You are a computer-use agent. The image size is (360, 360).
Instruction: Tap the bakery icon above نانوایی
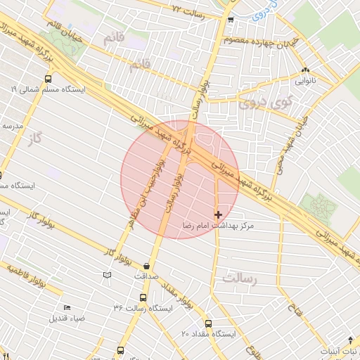(305, 71)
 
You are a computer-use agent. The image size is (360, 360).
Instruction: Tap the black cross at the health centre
(218, 214)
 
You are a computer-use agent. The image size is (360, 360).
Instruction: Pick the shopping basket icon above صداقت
(146, 266)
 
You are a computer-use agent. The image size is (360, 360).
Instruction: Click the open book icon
(107, 274)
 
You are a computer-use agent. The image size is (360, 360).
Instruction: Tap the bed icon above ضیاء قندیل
(67, 307)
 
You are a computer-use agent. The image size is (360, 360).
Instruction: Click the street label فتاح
(293, 306)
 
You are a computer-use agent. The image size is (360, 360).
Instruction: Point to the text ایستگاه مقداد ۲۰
(211, 333)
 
